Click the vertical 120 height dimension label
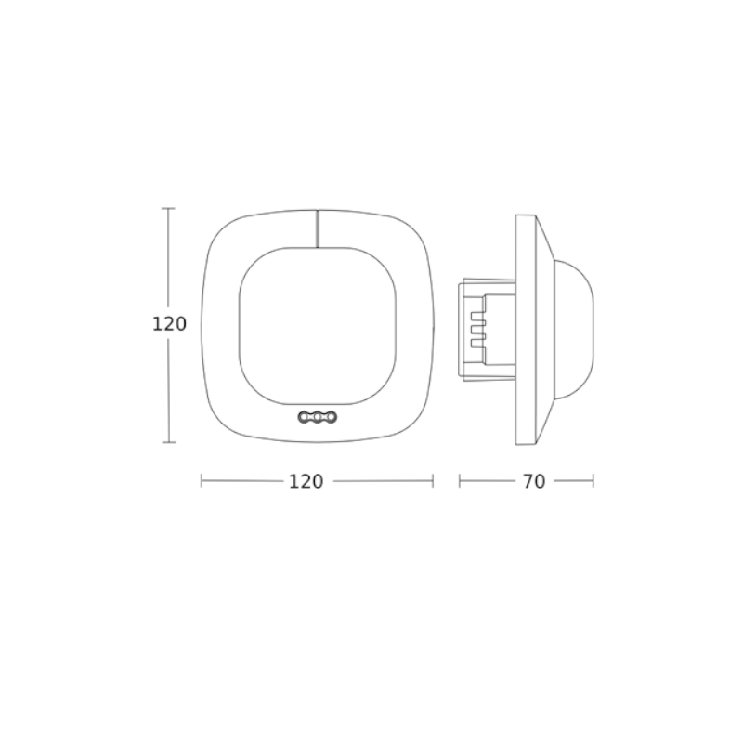pyautogui.click(x=169, y=324)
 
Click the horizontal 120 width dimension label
pyautogui.click(x=306, y=481)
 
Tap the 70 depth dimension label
pyautogui.click(x=534, y=481)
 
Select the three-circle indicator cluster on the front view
pyautogui.click(x=316, y=417)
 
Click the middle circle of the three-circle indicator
pyautogui.click(x=316, y=417)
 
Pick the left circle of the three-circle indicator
pyautogui.click(x=305, y=417)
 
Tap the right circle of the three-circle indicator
pyautogui.click(x=327, y=417)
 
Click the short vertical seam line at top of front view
pyautogui.click(x=317, y=228)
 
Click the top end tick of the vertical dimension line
pyautogui.click(x=168, y=208)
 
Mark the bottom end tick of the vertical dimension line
pyautogui.click(x=168, y=442)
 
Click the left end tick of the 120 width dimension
pyautogui.click(x=202, y=481)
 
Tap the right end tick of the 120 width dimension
pyautogui.click(x=433, y=481)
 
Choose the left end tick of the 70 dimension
pyautogui.click(x=460, y=481)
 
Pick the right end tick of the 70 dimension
pyautogui.click(x=593, y=481)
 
